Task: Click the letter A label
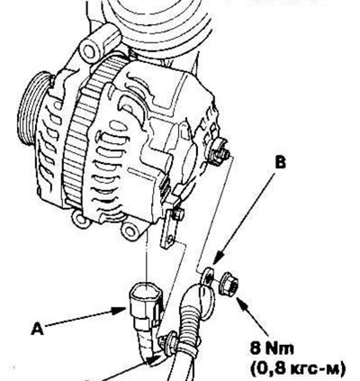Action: point(37,330)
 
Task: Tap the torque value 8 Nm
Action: point(272,349)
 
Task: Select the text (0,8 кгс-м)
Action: point(298,367)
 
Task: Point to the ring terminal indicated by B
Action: point(208,276)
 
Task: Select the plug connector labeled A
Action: point(146,304)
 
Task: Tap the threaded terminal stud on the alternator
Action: point(220,151)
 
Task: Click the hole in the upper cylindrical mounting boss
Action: point(89,51)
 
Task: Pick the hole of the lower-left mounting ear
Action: point(80,219)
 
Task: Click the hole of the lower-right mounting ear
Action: point(130,231)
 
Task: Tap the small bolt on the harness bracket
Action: point(177,214)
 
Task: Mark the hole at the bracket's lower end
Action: point(171,239)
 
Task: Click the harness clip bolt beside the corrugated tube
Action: point(168,341)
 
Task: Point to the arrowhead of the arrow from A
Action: point(120,311)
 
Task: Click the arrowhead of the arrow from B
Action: point(219,257)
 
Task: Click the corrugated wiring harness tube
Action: point(192,327)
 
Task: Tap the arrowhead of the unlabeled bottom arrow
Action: point(156,359)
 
